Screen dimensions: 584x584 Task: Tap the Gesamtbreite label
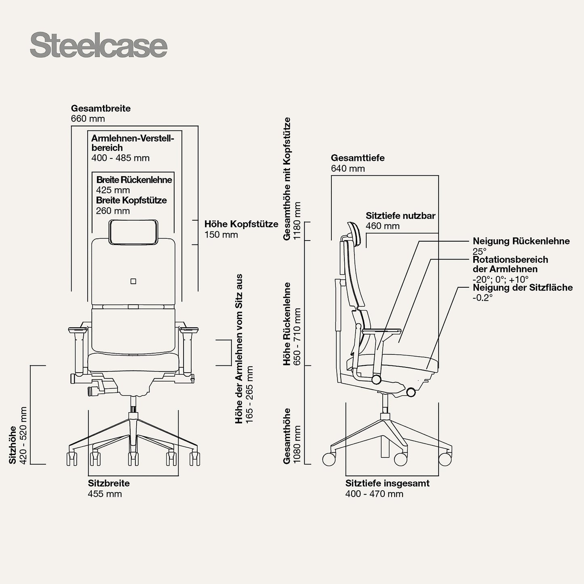point(101,108)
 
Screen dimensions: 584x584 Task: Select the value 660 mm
point(88,119)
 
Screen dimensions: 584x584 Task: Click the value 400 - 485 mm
point(120,158)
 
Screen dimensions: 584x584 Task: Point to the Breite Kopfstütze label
point(131,200)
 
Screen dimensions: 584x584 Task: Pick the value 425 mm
point(113,190)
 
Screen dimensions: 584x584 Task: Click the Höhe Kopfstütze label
point(241,224)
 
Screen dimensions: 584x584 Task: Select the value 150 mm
point(221,235)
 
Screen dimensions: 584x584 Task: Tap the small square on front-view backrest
point(133,281)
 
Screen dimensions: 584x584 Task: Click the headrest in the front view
point(133,232)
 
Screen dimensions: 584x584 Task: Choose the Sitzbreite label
point(109,483)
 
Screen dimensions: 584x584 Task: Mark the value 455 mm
point(105,494)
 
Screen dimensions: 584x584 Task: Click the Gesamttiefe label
point(358,158)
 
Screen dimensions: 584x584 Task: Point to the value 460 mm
point(382,226)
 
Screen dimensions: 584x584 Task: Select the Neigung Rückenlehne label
point(521,241)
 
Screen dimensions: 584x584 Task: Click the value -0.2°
point(483,298)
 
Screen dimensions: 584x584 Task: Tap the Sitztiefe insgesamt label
point(387,483)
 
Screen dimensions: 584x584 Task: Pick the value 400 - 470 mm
point(374,494)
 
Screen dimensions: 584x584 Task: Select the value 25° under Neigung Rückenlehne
point(479,251)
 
